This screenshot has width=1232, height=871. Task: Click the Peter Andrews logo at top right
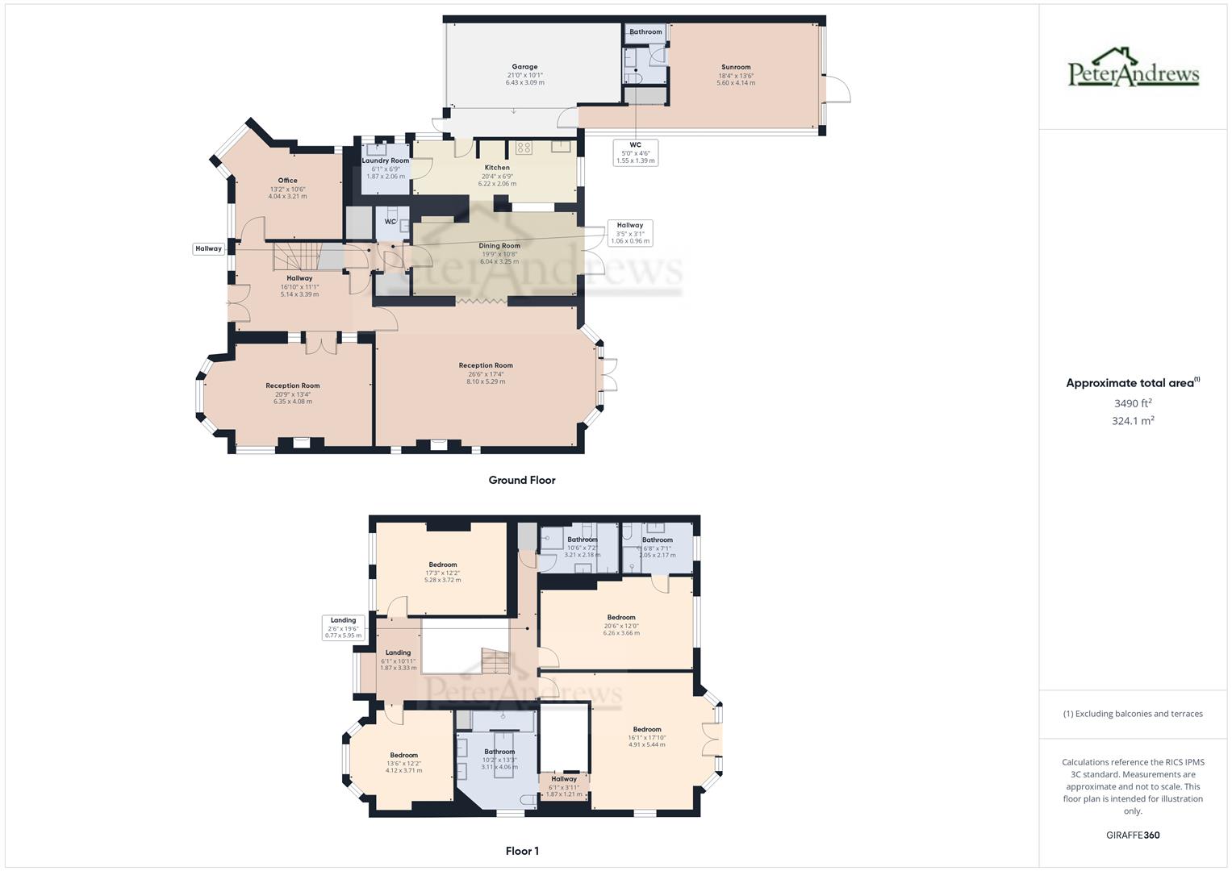point(1134,68)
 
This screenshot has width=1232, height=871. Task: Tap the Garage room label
point(524,67)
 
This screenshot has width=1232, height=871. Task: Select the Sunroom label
point(736,67)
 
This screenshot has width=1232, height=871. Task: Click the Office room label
point(287,181)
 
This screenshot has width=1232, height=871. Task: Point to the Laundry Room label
point(385,160)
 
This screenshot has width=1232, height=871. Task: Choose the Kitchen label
point(497,168)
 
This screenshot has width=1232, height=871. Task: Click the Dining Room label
point(499,246)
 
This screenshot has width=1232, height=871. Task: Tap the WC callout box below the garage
point(635,152)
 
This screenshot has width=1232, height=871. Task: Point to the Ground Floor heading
point(522,480)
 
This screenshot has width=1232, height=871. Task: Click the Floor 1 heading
point(522,851)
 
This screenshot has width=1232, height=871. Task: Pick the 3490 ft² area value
point(1133,403)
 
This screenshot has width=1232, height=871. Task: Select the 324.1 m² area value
point(1133,421)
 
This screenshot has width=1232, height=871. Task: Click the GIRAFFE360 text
point(1133,836)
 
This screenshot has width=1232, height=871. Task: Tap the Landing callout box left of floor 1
point(343,627)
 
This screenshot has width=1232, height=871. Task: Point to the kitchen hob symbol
point(524,148)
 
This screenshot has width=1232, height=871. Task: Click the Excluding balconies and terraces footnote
point(1133,714)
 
